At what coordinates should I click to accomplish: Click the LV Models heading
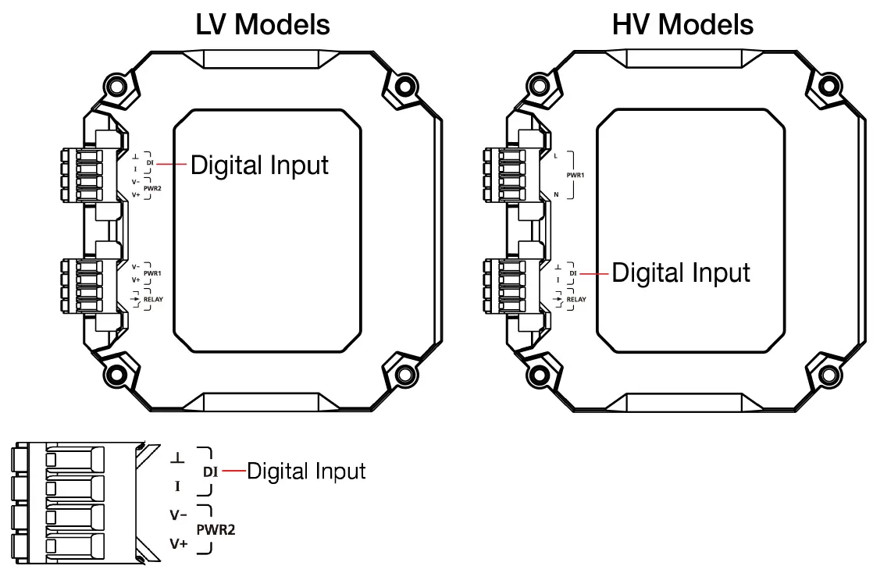262,24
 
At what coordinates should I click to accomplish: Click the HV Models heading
683,24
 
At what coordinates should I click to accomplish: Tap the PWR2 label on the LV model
153,188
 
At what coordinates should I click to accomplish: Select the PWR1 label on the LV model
152,273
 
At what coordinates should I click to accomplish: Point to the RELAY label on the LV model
154,298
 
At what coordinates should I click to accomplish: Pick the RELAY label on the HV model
576,299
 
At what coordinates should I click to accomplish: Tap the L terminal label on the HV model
555,156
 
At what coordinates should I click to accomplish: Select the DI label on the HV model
572,273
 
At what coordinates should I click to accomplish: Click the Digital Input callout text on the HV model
681,272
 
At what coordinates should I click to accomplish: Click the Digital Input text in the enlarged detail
306,471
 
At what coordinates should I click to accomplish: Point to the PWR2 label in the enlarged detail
216,529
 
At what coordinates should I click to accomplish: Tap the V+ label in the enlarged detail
179,543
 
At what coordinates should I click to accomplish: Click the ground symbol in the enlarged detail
177,457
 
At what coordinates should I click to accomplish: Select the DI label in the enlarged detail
210,472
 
